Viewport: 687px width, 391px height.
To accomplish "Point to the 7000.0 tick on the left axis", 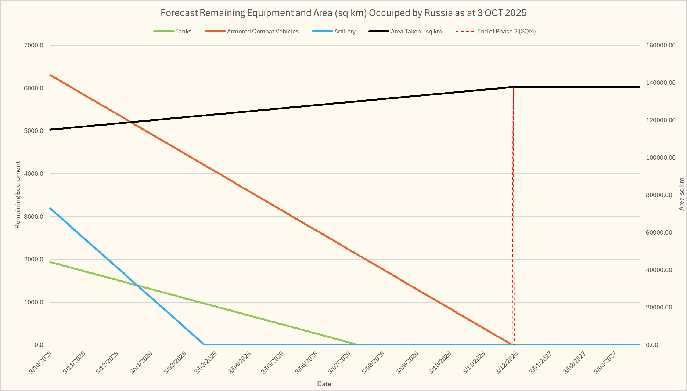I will [34, 46].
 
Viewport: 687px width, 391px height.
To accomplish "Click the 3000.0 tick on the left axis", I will [34, 217].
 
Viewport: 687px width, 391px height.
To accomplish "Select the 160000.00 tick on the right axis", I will [661, 46].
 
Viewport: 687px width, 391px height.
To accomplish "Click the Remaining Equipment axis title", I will [18, 195].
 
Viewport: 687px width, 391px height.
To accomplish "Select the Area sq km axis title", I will [681, 194].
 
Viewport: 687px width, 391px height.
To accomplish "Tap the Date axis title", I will [324, 384].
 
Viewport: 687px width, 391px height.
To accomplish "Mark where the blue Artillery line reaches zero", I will [204, 345].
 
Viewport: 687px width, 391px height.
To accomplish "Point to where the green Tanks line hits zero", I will [358, 345].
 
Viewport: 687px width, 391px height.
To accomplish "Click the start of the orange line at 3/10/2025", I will [50, 75].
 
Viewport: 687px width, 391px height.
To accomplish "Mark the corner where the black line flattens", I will [513, 87].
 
